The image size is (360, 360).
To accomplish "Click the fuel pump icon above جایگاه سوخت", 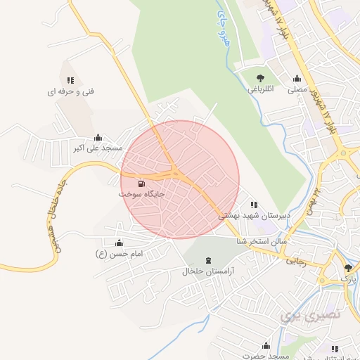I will [x=142, y=184].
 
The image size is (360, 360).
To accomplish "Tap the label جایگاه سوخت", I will [x=141, y=193].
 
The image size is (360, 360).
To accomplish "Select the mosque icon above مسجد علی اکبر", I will [x=97, y=138].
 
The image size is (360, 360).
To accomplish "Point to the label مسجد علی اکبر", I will [x=98, y=148].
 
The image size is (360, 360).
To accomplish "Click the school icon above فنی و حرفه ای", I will [x=70, y=81].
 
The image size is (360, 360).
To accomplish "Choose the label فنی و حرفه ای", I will [x=70, y=91].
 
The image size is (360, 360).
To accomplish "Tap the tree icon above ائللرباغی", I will [x=261, y=79].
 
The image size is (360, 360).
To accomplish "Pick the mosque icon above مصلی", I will [x=297, y=79].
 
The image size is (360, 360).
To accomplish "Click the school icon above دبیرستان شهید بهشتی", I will [x=254, y=205].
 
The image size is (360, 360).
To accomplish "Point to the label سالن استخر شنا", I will [x=262, y=240].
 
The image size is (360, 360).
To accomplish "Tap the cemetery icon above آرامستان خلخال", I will [x=208, y=260].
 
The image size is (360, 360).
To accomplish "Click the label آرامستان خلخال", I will [x=208, y=271].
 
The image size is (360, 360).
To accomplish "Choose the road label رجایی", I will [x=295, y=259].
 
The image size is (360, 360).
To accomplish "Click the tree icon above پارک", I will [x=348, y=268].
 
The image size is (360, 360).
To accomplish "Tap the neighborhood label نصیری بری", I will [x=310, y=314].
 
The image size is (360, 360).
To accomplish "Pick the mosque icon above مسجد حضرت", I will [x=266, y=346].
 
